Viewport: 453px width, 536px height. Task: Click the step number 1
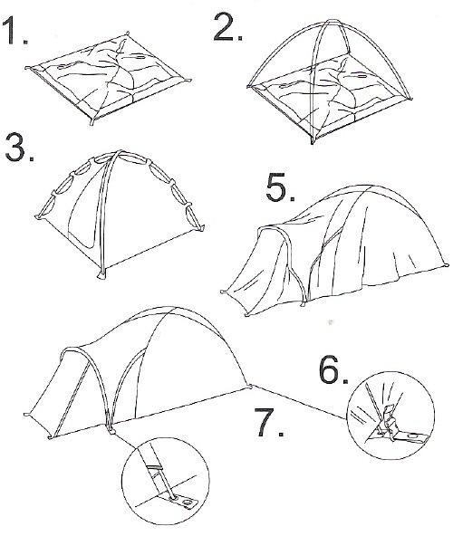15,30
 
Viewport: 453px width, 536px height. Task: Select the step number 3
20,147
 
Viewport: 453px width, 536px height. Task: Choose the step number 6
333,369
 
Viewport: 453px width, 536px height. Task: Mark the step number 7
269,422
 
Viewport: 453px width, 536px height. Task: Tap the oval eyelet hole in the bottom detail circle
187,502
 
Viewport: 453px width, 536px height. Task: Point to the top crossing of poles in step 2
332,22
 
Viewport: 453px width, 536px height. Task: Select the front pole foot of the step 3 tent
101,275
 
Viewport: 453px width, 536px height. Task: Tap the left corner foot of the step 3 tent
39,216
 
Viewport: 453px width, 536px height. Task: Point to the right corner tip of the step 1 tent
188,81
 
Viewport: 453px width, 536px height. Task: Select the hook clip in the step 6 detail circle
389,420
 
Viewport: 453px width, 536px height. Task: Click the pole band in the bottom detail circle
155,466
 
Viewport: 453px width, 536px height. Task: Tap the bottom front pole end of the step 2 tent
312,141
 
